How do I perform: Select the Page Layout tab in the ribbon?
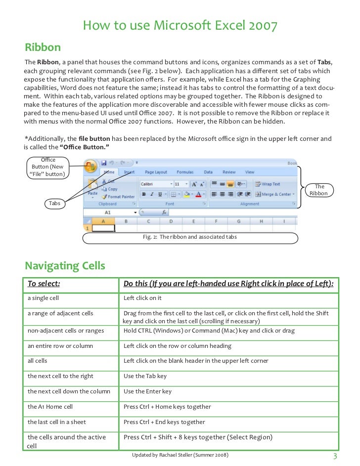click(x=156, y=172)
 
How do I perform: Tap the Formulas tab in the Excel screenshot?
click(x=185, y=172)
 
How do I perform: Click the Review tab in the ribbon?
click(x=229, y=172)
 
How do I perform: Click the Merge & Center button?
click(x=275, y=194)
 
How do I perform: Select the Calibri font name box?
click(x=155, y=184)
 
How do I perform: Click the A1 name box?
click(x=108, y=212)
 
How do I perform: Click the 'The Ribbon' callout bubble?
click(x=319, y=190)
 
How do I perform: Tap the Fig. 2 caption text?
click(x=190, y=237)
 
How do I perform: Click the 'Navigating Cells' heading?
click(x=65, y=266)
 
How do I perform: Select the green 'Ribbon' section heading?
click(x=43, y=47)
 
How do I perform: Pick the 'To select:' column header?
click(x=44, y=284)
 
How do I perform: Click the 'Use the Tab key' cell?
click(x=145, y=376)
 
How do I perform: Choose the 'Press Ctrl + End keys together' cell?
click(x=164, y=422)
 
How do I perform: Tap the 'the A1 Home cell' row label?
click(x=50, y=407)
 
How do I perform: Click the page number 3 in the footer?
click(x=335, y=456)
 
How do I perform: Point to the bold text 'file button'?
click(x=94, y=138)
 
